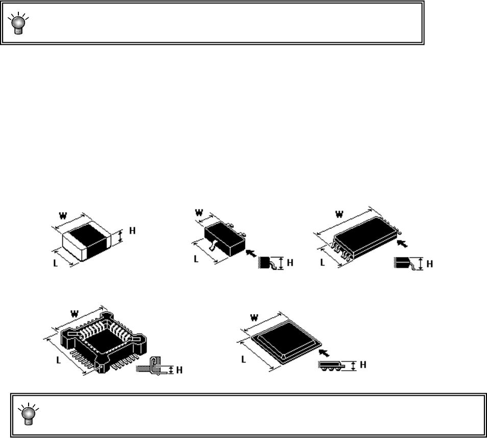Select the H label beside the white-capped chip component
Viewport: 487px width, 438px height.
point(132,230)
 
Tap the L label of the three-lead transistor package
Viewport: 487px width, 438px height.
point(197,259)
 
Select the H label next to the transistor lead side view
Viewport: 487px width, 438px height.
point(290,263)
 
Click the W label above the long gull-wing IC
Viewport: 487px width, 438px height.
point(338,214)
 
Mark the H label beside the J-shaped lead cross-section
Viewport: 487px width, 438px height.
point(179,370)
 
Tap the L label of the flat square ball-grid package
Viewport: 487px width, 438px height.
point(244,358)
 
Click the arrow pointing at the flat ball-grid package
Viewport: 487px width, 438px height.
point(323,352)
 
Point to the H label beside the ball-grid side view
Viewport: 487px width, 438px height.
point(362,365)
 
